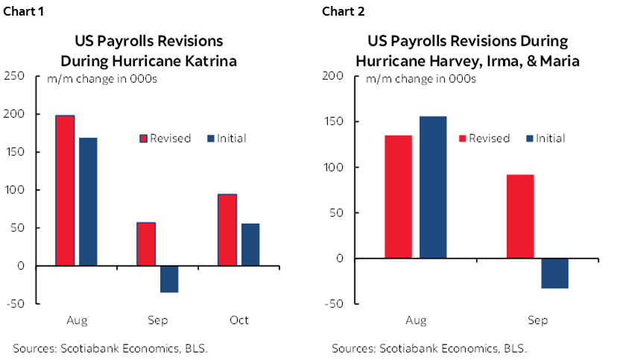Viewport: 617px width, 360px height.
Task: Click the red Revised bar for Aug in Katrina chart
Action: [x=65, y=190]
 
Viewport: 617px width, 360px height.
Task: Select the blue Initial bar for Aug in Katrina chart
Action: [x=88, y=201]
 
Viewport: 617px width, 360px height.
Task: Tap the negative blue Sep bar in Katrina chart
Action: [x=169, y=279]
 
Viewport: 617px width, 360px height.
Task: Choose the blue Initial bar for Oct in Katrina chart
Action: [x=250, y=244]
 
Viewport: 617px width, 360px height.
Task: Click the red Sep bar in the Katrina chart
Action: [x=146, y=244]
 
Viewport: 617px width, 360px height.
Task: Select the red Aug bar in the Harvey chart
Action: [x=398, y=197]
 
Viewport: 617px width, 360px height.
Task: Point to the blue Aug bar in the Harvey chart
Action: [x=433, y=187]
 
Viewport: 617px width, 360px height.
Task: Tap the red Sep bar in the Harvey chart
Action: [x=519, y=216]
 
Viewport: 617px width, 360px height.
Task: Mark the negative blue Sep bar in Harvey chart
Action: [x=554, y=273]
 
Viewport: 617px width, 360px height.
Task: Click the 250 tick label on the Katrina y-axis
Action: [x=14, y=76]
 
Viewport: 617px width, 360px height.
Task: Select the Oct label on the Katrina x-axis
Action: [x=238, y=320]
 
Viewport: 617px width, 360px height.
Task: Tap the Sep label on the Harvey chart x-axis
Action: [x=537, y=320]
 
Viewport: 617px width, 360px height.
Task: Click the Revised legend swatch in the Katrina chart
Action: [x=144, y=139]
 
